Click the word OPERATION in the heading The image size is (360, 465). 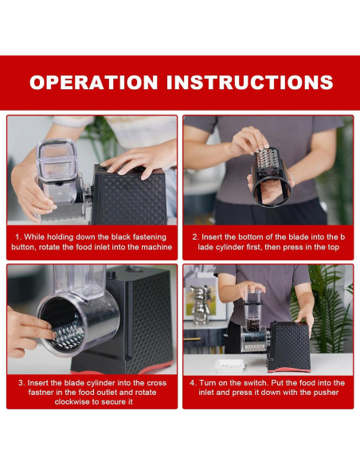pos(93,82)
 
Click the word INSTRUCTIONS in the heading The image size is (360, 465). pos(249,82)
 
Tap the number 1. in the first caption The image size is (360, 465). pos(18,237)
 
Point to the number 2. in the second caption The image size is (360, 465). pos(195,237)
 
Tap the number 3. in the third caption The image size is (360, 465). pos(22,383)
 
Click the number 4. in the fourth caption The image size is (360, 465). pos(194,383)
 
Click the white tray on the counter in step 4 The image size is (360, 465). pos(230,366)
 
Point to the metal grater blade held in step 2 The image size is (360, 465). pos(266,162)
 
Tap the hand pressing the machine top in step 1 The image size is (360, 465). pos(139,161)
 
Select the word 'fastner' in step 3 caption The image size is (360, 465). pos(41,393)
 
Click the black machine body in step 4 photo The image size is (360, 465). pos(290,346)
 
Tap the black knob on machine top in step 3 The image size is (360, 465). pos(112,274)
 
